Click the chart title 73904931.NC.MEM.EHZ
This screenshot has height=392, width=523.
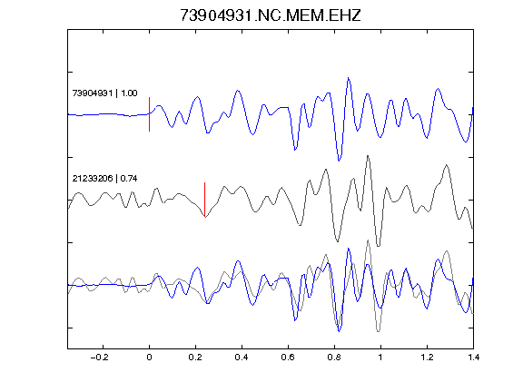(x=271, y=15)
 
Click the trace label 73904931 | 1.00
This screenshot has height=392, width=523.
(x=104, y=93)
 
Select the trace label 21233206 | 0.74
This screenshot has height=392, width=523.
(x=104, y=179)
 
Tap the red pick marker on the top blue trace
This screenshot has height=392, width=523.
(x=150, y=114)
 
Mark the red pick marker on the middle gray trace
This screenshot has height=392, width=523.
(x=205, y=200)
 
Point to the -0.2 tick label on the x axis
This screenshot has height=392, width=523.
(x=99, y=358)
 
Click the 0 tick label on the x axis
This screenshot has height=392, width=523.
(x=149, y=358)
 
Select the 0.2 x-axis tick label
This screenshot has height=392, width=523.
(x=195, y=358)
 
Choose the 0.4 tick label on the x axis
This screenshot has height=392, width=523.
(x=242, y=358)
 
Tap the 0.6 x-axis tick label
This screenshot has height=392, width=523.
(x=288, y=358)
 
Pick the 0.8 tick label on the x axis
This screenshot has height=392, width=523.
(x=334, y=358)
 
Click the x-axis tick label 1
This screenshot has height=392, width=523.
(x=380, y=358)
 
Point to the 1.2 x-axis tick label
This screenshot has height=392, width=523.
(x=427, y=358)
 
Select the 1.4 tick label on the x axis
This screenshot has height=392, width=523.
(x=474, y=358)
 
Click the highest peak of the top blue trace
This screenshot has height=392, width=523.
(x=349, y=78)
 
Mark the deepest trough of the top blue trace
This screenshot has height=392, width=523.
(x=339, y=161)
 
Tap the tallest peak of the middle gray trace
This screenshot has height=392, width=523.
(x=368, y=156)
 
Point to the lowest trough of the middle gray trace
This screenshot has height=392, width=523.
(x=378, y=246)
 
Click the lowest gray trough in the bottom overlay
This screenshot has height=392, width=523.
(x=378, y=331)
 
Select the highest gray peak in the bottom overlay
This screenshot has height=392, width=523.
(x=368, y=240)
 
